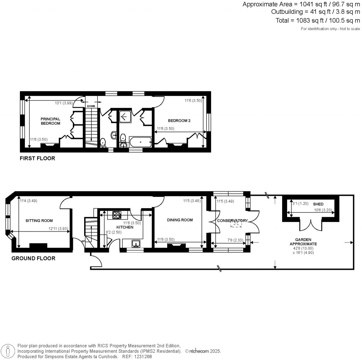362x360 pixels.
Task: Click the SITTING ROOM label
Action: tap(39, 220)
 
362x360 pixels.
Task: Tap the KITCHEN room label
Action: tap(125, 227)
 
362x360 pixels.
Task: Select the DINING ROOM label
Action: tap(180, 220)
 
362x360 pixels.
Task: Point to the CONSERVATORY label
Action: tap(232, 221)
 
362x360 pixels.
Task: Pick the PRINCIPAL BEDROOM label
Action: tap(50, 121)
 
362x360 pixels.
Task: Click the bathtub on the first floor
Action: tap(141, 143)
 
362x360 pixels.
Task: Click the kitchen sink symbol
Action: tap(136, 243)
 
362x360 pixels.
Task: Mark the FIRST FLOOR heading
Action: tap(37, 158)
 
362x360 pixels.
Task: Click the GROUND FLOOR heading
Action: tap(34, 258)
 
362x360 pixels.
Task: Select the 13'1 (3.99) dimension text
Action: tap(63, 103)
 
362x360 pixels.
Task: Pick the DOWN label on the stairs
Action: tap(90, 106)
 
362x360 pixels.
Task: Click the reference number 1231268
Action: tap(141, 356)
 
